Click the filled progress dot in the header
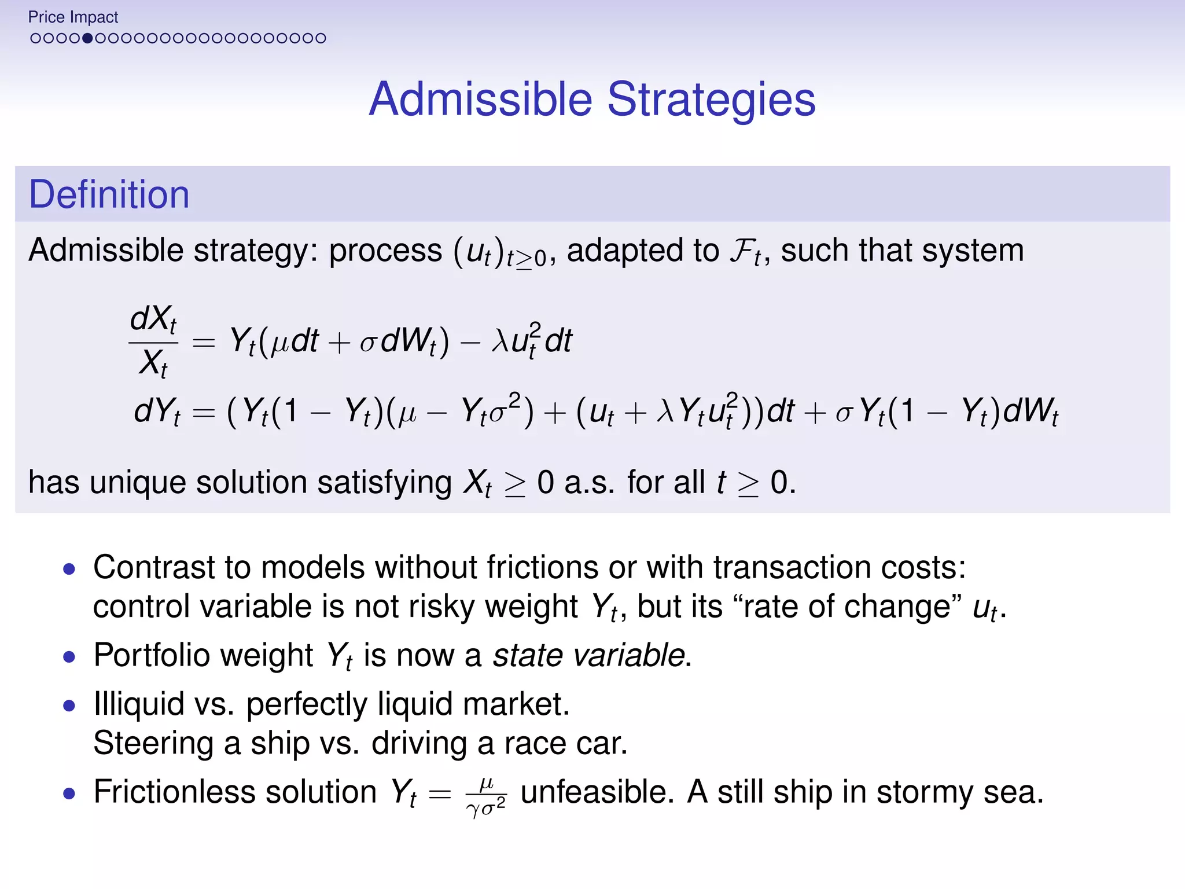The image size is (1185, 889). [87, 38]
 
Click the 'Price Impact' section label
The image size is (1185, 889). [73, 17]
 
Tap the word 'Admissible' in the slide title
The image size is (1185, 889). [480, 100]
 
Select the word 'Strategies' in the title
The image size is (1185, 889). [711, 100]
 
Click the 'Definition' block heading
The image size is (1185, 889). [109, 194]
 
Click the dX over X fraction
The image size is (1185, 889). [153, 341]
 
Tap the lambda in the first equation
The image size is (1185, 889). [499, 341]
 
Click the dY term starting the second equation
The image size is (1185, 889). [157, 412]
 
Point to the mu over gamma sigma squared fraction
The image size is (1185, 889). [486, 794]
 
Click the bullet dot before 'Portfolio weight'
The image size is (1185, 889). [69, 657]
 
